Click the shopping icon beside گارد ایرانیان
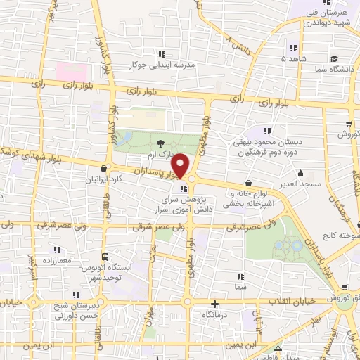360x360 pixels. click(105, 168)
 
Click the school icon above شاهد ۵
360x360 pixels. click(292, 48)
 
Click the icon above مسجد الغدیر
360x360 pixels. click(301, 173)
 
